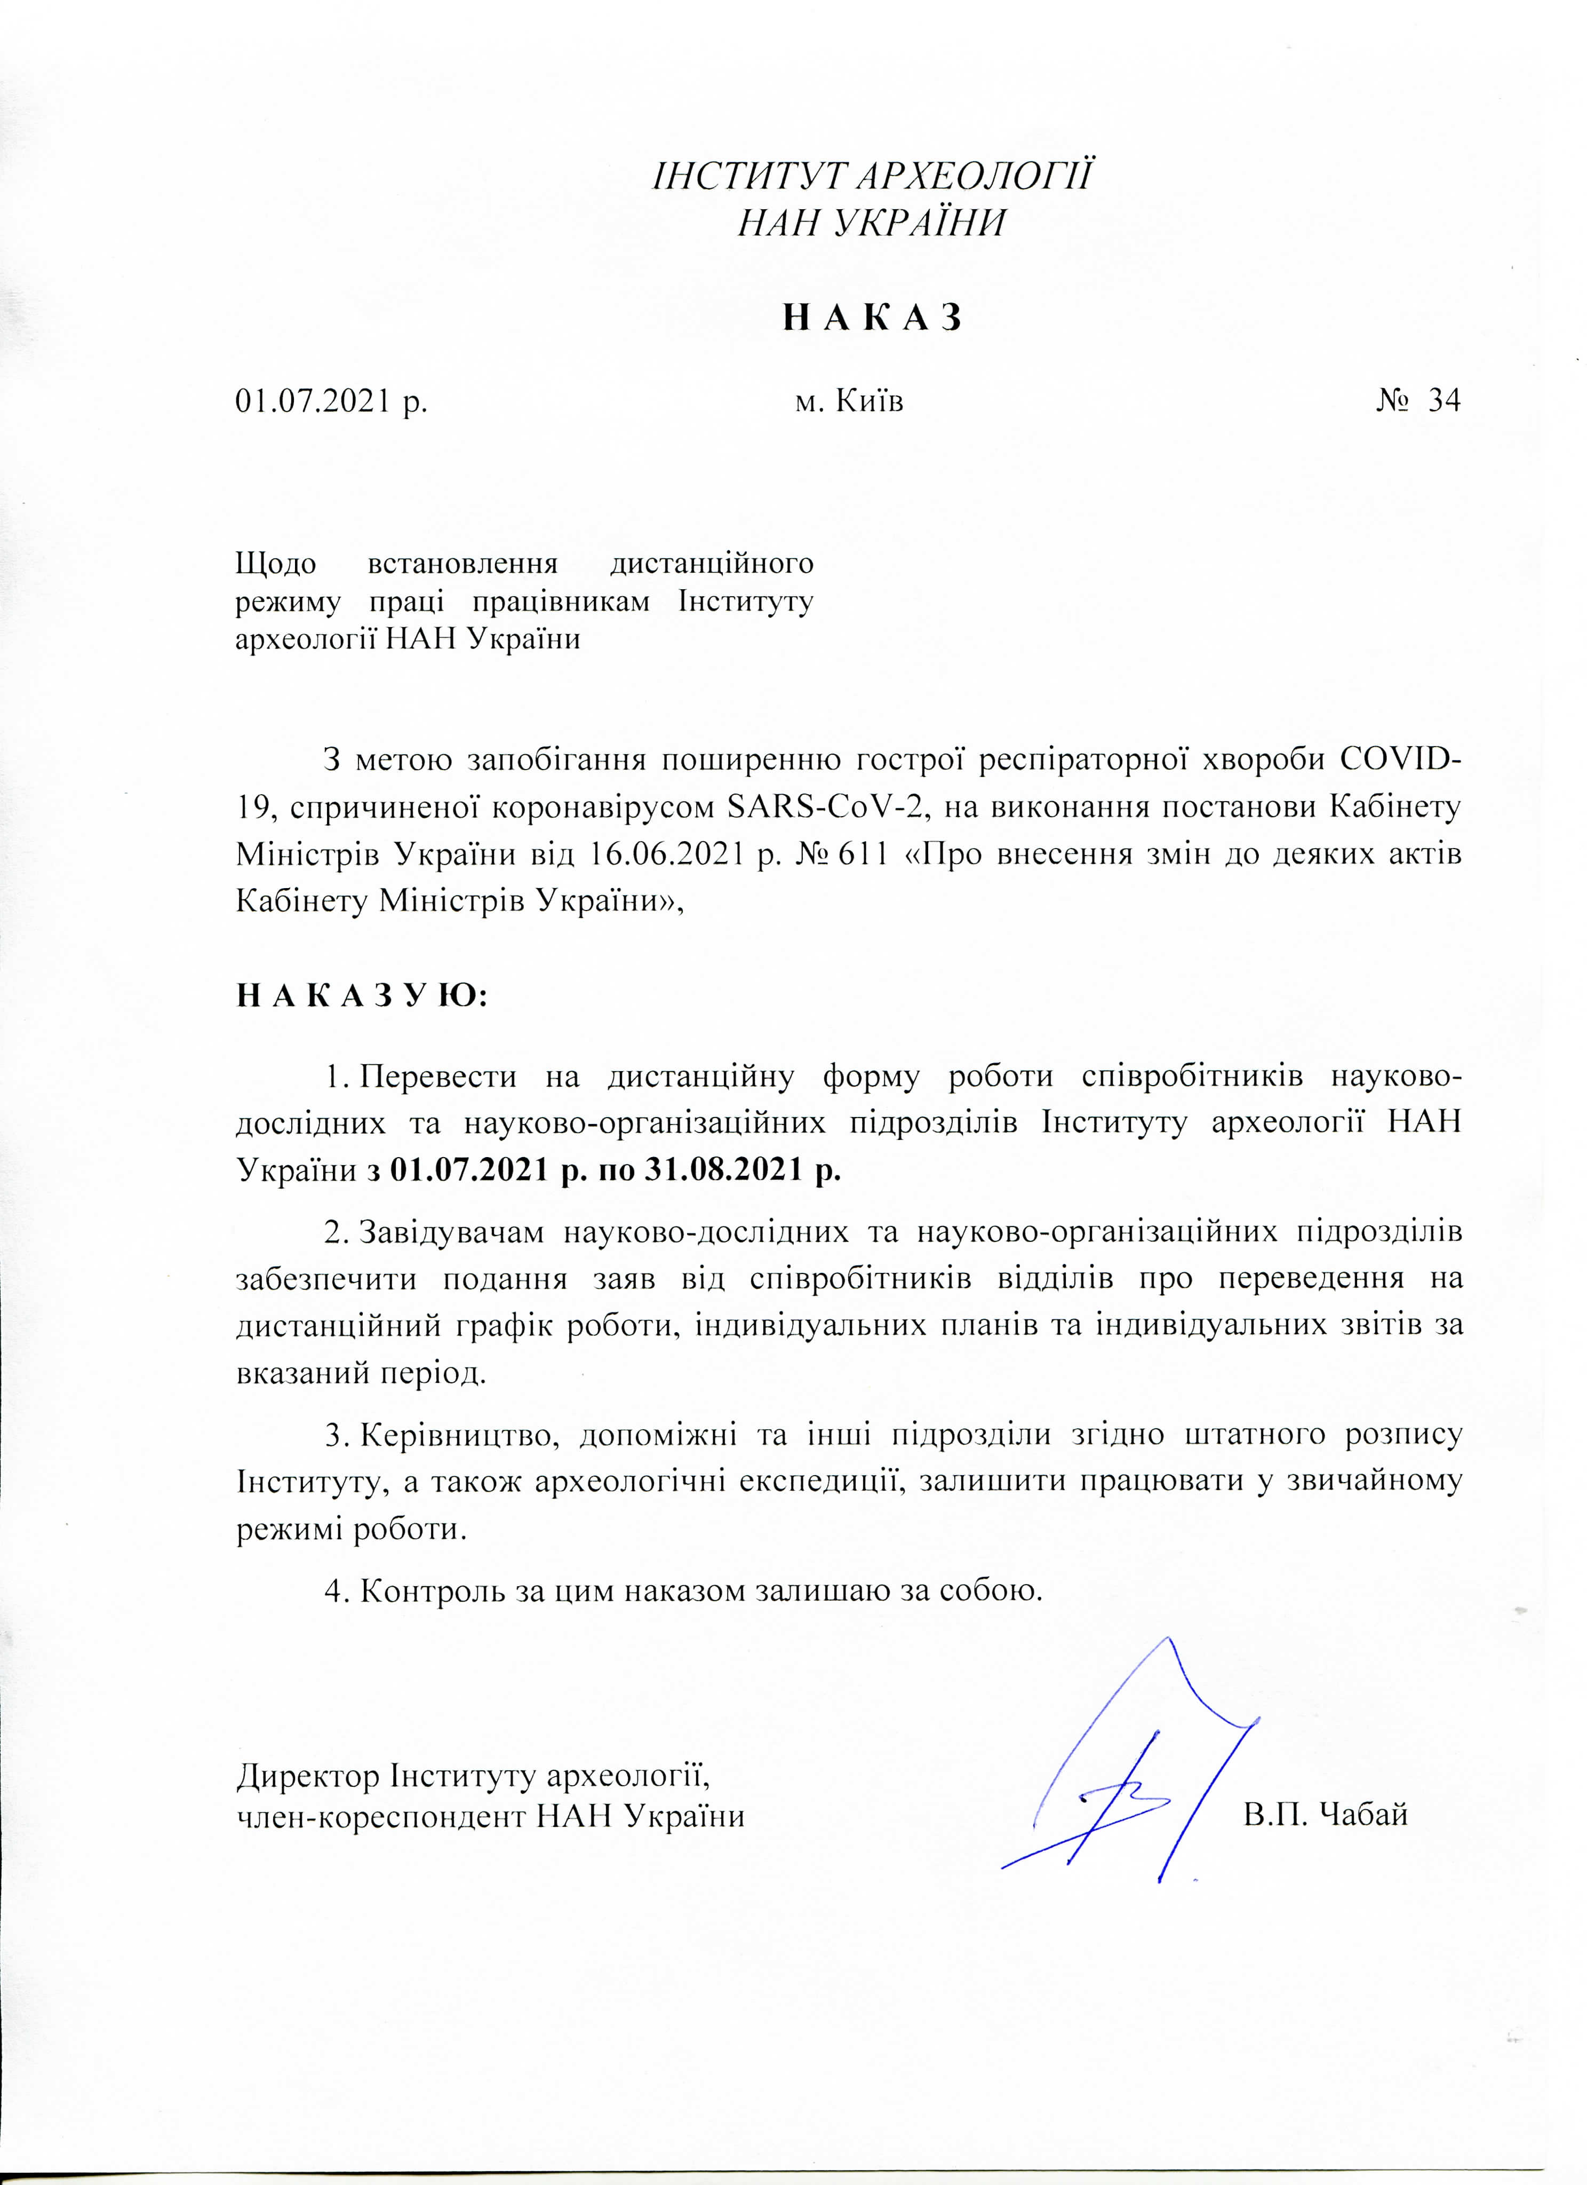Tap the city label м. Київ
coord(848,400)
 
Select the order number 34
coord(1444,400)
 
